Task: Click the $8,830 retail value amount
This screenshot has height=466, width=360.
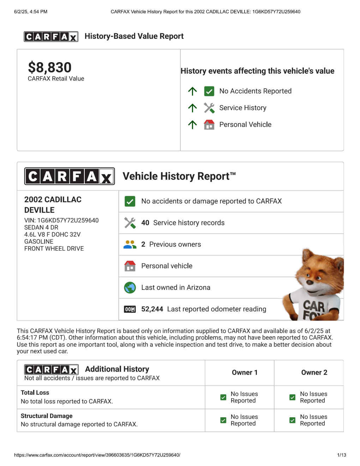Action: coord(50,67)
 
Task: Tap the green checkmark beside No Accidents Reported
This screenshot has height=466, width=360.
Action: coord(209,91)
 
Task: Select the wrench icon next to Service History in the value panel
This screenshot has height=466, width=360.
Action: coord(209,108)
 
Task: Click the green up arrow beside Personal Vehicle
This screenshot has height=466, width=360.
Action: coord(192,125)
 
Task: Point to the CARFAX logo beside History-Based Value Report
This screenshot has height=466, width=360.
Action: coord(51,37)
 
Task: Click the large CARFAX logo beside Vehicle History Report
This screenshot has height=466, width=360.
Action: coord(70,176)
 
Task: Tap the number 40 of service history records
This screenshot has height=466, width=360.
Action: coord(145,223)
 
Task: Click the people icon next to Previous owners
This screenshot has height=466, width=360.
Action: coord(130,244)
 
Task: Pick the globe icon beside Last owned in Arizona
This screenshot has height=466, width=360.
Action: coord(130,288)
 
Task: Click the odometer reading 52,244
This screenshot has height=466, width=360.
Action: coord(152,309)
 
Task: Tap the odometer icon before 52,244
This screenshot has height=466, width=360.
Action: coord(130,309)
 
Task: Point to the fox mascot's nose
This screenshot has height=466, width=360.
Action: coord(310,282)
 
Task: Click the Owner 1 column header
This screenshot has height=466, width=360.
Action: coord(245,372)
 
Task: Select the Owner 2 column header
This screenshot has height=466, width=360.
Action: coord(314,372)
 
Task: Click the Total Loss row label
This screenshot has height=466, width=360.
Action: coord(35,393)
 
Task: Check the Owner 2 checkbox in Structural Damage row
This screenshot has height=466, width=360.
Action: coord(292,420)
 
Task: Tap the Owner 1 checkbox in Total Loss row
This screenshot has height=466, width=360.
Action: coord(223,397)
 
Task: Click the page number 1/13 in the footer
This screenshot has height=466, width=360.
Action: coord(341,455)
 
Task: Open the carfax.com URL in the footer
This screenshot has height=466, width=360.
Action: coord(97,455)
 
